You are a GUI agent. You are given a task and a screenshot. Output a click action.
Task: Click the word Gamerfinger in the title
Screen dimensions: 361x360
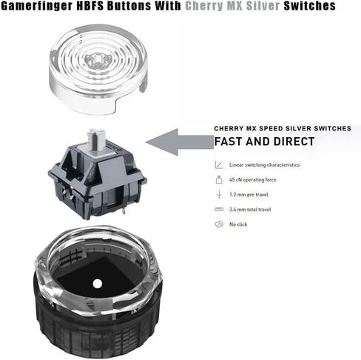pyautogui.click(x=37, y=6)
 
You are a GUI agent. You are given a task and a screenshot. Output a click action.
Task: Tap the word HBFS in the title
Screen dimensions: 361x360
pyautogui.click(x=90, y=5)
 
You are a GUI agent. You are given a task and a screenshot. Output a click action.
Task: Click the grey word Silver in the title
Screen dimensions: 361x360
pyautogui.click(x=263, y=5)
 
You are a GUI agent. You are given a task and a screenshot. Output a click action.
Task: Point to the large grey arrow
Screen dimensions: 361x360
pyautogui.click(x=180, y=142)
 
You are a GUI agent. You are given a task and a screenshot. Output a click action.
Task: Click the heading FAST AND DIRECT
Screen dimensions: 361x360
pyautogui.click(x=264, y=141)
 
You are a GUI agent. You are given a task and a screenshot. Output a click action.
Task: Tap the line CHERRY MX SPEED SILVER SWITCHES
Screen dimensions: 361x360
pyautogui.click(x=283, y=128)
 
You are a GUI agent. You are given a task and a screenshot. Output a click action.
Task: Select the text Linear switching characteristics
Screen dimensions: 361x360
pyautogui.click(x=264, y=164)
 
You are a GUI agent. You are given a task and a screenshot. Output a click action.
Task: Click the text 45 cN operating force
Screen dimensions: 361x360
pyautogui.click(x=253, y=180)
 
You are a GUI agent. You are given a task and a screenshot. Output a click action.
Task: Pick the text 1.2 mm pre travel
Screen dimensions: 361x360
pyautogui.click(x=249, y=195)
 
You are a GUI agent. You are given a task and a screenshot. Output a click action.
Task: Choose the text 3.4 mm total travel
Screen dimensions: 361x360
pyautogui.click(x=250, y=210)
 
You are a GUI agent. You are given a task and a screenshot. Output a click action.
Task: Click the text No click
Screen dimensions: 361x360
pyautogui.click(x=238, y=224)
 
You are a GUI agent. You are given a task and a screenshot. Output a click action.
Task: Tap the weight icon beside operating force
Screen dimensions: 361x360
pyautogui.click(x=219, y=179)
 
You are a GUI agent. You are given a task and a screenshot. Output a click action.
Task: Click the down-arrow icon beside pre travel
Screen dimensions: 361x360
pyautogui.click(x=219, y=195)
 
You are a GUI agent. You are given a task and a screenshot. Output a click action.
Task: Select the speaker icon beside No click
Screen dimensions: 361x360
pyautogui.click(x=219, y=224)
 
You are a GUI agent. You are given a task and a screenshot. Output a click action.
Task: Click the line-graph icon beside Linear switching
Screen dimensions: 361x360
pyautogui.click(x=219, y=164)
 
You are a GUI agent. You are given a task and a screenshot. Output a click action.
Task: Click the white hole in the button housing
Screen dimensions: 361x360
pyautogui.click(x=98, y=284)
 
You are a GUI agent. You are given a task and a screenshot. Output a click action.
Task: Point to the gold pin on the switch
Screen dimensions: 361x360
pyautogui.click(x=124, y=210)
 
